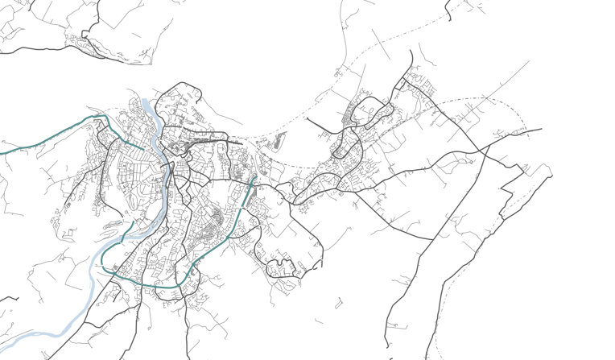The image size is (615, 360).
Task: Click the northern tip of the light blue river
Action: coord(146,101)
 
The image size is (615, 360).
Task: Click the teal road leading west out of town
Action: coord(48,138)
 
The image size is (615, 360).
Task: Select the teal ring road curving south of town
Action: coord(153,285)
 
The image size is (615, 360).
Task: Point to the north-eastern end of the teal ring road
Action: coord(254,179)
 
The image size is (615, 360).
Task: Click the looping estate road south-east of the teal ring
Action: coord(282,267)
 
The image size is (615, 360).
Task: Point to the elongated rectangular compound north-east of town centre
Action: coord(279,144)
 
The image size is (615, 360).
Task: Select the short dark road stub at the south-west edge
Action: coord(10,299)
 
